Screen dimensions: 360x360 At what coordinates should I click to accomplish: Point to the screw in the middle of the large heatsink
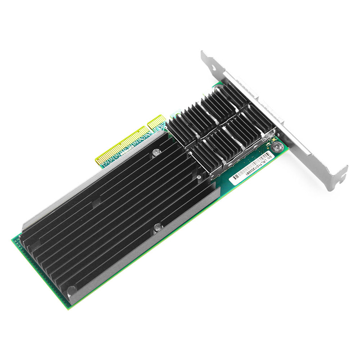(x=157, y=228)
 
